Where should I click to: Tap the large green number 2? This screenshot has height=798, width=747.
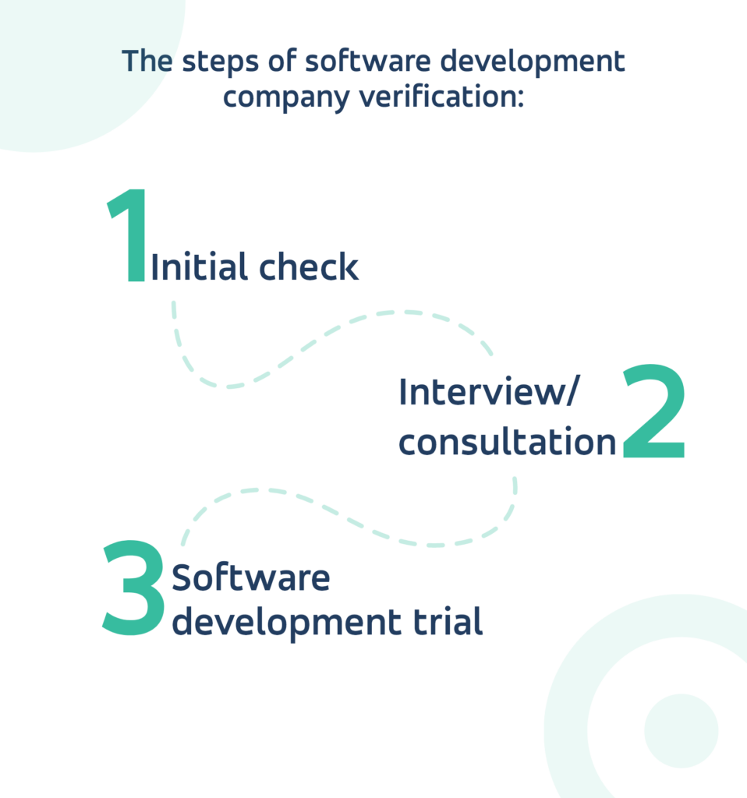coord(653,413)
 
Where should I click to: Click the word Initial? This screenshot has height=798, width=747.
coord(200,268)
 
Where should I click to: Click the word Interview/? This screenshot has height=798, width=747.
coord(489,393)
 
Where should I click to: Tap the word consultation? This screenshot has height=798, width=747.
coord(508,443)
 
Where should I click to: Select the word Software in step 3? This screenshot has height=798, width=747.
coord(251,579)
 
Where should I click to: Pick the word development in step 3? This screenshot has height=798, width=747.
coord(299,623)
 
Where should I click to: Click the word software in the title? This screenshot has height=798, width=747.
coord(358,62)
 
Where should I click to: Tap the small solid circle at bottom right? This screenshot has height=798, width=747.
coord(681,730)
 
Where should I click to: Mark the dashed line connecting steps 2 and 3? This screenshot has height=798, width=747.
coord(351,514)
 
